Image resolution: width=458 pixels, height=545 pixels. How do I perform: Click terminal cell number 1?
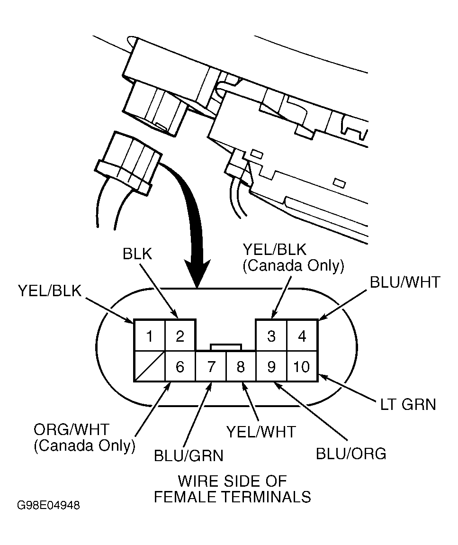[149, 336]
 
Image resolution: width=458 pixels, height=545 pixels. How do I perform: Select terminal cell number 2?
[180, 336]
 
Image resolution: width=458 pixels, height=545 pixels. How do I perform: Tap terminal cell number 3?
[271, 336]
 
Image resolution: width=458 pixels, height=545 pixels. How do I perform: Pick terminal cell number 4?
[302, 336]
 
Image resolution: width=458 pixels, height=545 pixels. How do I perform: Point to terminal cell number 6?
[180, 366]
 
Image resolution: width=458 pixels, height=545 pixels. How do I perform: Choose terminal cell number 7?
[211, 366]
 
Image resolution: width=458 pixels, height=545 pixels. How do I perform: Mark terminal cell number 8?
[241, 366]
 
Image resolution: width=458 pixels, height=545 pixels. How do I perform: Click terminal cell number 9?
[271, 366]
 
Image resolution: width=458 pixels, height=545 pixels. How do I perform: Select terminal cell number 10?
[302, 366]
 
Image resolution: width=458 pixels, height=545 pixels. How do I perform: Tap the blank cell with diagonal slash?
[149, 366]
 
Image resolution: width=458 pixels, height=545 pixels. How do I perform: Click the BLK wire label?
[137, 254]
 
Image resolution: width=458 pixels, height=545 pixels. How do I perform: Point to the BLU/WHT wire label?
[405, 282]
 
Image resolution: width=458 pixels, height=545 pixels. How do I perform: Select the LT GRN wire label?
[408, 405]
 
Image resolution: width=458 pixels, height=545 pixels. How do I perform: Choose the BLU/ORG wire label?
[351, 454]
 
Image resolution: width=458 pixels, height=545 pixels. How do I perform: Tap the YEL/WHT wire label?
[261, 432]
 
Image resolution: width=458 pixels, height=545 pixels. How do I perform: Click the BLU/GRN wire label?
[189, 456]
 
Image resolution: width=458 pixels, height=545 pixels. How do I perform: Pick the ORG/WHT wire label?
[72, 430]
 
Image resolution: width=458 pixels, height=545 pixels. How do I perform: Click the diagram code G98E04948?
[48, 505]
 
